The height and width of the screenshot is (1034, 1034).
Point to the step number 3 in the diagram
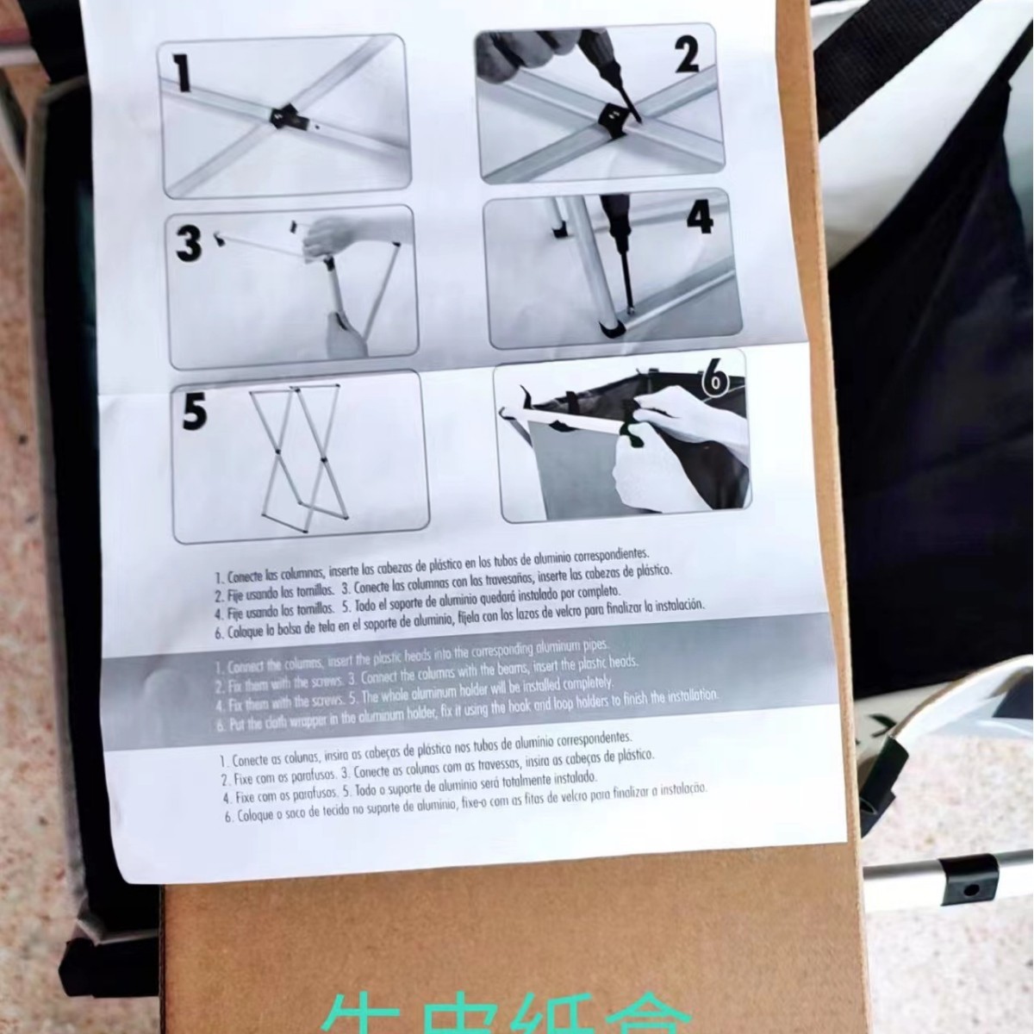click(188, 244)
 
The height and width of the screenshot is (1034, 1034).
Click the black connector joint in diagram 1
click(282, 117)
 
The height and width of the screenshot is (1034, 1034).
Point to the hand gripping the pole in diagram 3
click(330, 235)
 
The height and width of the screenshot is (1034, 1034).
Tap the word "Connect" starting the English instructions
click(252, 665)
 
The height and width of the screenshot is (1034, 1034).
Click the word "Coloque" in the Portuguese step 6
click(257, 815)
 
